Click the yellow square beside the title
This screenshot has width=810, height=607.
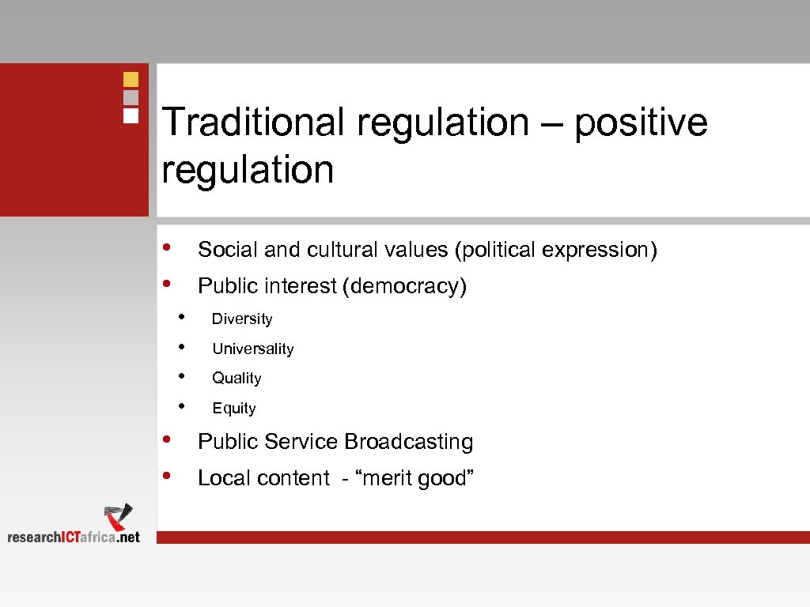tap(131, 79)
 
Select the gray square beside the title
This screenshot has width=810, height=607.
tap(131, 97)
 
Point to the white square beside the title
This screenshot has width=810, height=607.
tap(131, 115)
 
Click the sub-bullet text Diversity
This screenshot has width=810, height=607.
tap(242, 319)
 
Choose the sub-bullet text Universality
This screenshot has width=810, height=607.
tap(253, 349)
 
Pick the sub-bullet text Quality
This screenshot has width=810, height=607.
tap(237, 379)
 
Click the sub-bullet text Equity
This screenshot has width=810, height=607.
tap(234, 409)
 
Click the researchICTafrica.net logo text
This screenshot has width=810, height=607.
tap(74, 537)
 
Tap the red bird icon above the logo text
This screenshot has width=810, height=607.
tap(119, 516)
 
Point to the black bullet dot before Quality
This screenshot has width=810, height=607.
tap(182, 376)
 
